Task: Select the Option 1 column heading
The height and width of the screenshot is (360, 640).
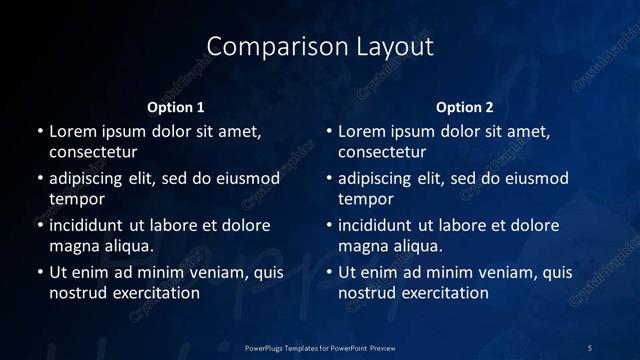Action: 176,107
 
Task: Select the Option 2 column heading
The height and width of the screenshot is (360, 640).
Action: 465,107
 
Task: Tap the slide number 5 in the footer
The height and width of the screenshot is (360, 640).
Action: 590,347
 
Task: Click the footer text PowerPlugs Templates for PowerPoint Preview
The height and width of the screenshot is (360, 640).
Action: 320,347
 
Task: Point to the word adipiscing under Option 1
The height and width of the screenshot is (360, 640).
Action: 91,179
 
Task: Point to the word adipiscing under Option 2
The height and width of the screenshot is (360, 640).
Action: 380,179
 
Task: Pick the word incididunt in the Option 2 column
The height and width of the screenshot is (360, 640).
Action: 379,225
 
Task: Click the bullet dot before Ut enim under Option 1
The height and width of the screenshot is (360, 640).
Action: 40,272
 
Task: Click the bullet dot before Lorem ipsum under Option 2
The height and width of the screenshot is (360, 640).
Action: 329,131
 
